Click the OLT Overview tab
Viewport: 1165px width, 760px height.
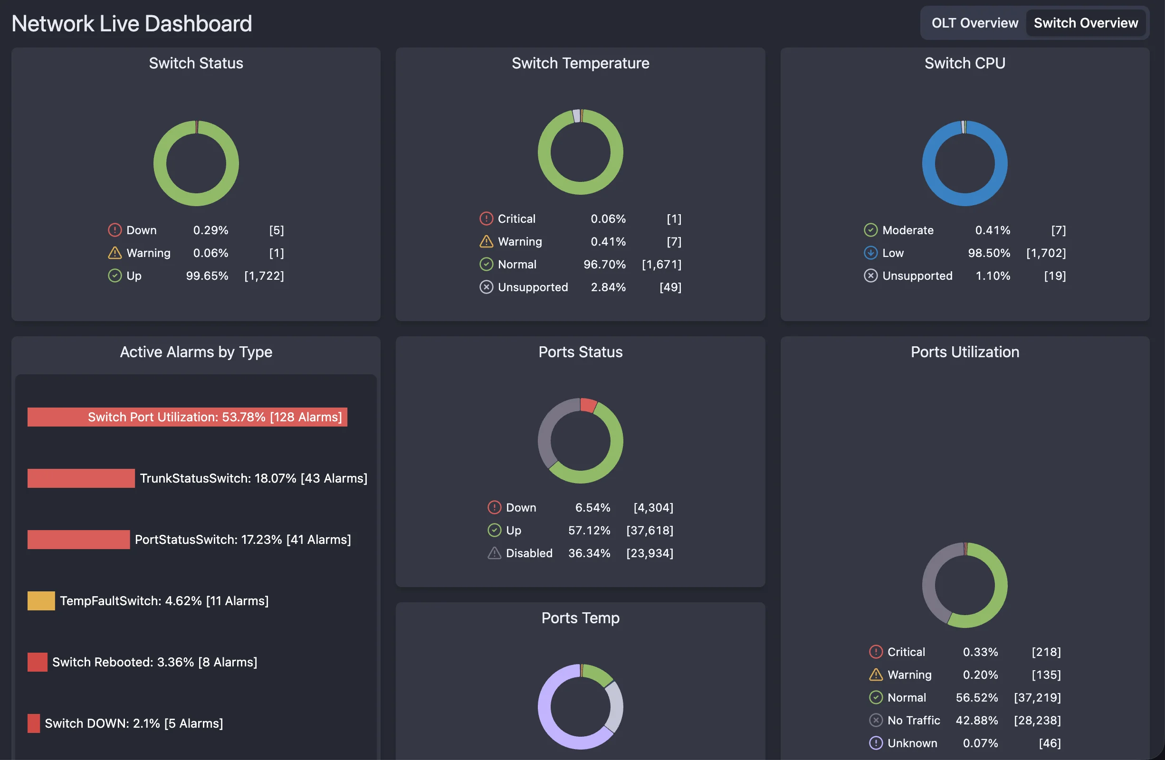(974, 23)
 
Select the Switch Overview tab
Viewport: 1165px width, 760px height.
(1085, 23)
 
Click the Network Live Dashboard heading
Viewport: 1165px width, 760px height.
(132, 23)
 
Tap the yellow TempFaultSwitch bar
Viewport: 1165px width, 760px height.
(41, 600)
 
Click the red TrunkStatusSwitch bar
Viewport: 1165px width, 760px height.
(81, 478)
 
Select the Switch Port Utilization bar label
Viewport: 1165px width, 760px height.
(214, 417)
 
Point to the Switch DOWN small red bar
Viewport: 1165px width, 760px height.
(33, 723)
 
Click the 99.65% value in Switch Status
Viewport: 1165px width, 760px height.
(207, 275)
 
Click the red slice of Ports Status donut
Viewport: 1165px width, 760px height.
(588, 405)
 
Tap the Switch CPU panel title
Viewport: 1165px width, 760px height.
(964, 63)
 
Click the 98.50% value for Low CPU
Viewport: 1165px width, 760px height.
(989, 253)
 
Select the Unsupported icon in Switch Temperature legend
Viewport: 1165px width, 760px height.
(486, 287)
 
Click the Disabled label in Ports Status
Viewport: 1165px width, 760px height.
(529, 553)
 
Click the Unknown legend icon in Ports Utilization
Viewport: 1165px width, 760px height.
(875, 743)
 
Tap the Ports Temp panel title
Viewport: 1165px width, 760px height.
(580, 617)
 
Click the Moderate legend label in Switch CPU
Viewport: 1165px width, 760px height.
(907, 230)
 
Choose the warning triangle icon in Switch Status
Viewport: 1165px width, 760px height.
(115, 253)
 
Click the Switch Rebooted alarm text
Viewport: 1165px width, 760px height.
(154, 662)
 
